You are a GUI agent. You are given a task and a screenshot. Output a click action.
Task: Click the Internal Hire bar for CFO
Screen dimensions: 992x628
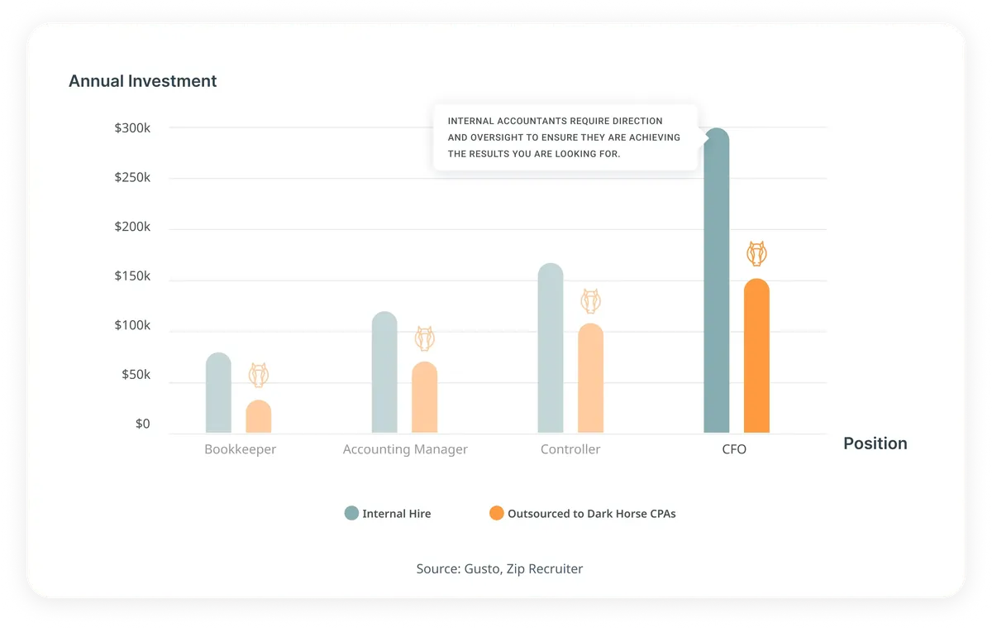tap(716, 280)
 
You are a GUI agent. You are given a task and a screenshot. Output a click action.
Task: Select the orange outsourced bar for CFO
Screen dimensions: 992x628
tap(756, 356)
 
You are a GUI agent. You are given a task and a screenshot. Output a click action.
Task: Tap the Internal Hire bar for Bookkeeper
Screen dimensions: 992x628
tap(218, 393)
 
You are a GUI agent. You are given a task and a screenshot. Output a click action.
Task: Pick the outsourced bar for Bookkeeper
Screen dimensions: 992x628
tap(259, 416)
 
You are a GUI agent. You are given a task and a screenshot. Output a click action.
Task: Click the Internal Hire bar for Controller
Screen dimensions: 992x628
tap(551, 348)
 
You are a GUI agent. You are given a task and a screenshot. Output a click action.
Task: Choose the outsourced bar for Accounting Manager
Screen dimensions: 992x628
tap(425, 397)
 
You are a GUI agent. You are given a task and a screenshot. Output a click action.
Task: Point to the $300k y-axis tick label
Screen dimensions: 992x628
tap(132, 128)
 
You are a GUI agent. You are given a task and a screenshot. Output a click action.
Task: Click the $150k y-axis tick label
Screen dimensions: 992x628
tap(132, 276)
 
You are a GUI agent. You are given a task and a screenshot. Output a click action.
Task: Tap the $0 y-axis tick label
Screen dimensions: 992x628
tap(142, 424)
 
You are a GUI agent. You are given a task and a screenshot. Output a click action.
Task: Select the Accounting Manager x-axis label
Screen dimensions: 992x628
tap(405, 449)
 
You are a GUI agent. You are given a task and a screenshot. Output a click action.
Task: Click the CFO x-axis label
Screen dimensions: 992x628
tap(734, 449)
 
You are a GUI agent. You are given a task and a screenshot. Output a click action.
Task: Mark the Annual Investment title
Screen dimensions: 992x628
tap(142, 81)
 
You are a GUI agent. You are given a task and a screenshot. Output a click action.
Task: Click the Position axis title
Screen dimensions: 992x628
tap(875, 443)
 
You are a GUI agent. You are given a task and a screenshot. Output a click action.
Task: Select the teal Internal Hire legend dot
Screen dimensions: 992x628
tap(351, 513)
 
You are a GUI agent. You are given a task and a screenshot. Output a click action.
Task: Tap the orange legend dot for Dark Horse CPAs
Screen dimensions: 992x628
tap(497, 513)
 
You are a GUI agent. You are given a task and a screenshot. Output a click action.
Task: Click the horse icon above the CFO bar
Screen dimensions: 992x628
tap(756, 253)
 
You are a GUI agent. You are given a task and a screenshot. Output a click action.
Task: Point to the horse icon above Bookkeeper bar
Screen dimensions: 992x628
tap(259, 375)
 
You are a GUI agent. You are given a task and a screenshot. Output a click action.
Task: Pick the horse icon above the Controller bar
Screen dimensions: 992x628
tap(591, 301)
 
